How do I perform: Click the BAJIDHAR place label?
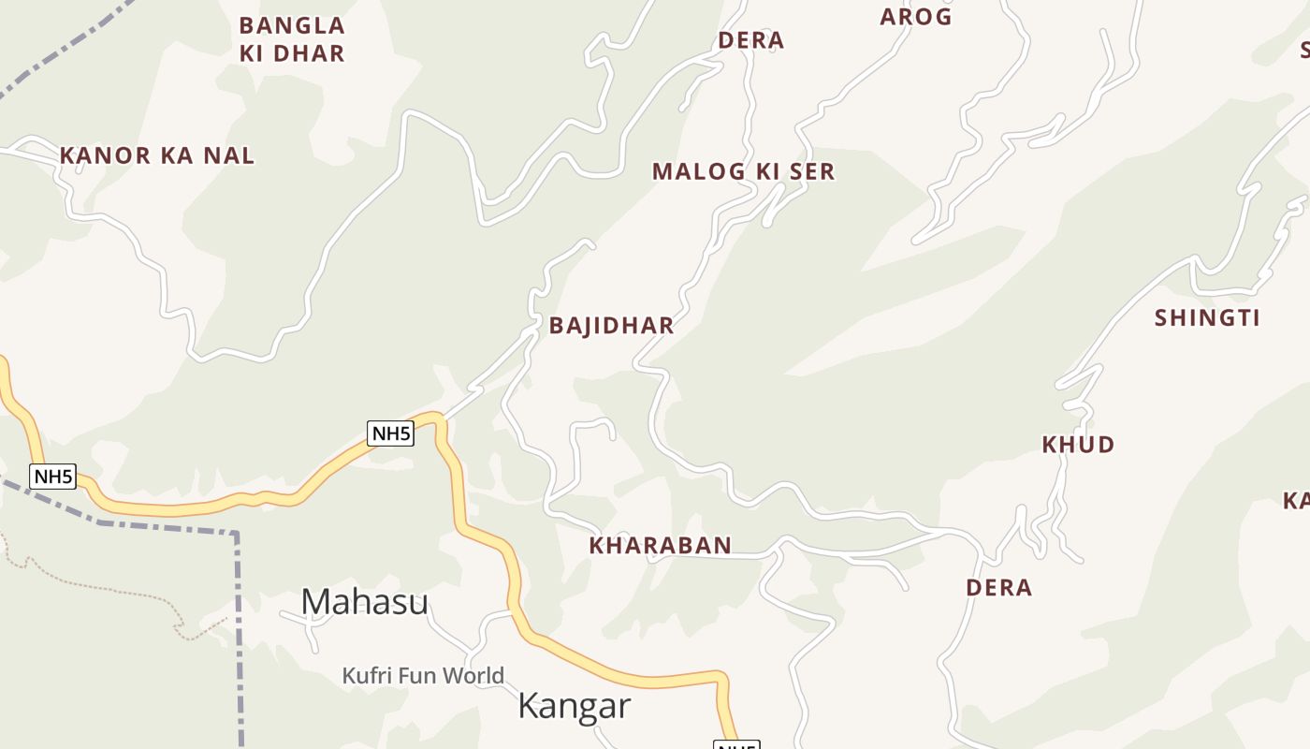[611, 326]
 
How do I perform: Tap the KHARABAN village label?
[660, 546]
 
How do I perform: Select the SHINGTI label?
[1207, 318]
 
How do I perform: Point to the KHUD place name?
[1078, 445]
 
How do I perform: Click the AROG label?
[915, 17]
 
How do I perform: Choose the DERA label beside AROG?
[750, 41]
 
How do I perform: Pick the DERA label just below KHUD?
[998, 588]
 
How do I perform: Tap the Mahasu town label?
[364, 602]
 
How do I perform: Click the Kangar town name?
[574, 706]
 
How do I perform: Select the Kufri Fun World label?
[422, 675]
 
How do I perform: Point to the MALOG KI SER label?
[743, 172]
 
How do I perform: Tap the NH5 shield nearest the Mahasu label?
[390, 433]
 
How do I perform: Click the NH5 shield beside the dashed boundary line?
[53, 477]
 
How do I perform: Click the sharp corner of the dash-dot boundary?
[236, 535]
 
